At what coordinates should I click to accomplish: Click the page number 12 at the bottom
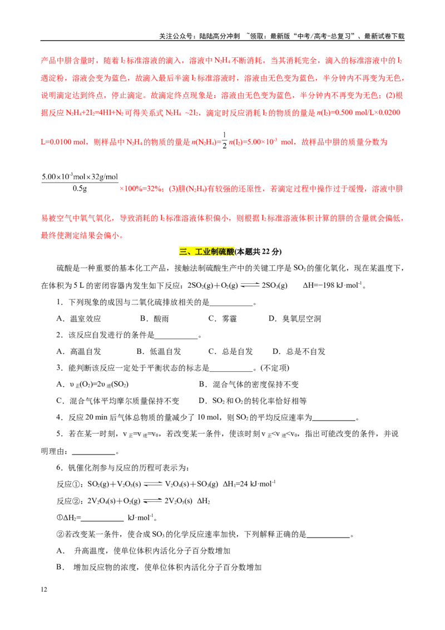tap(44, 589)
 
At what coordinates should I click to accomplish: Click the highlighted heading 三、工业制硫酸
tap(206, 252)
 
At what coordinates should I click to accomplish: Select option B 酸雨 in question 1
tap(154, 318)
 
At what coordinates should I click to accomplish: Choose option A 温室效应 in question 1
tap(79, 318)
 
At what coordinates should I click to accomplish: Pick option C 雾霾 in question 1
tap(222, 318)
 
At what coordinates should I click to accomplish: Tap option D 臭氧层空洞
tap(295, 318)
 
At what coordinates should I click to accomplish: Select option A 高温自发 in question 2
tap(79, 352)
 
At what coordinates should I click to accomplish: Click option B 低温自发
tap(159, 352)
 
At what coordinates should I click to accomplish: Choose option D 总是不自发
tap(299, 352)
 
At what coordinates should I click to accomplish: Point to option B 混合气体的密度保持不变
tap(249, 385)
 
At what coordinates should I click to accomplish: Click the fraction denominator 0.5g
tap(80, 189)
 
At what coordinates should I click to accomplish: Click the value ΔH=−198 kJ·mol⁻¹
tap(332, 286)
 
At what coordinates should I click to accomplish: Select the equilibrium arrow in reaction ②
tap(152, 501)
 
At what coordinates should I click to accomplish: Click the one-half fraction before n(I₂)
tap(225, 141)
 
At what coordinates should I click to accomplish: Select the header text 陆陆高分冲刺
tap(220, 36)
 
